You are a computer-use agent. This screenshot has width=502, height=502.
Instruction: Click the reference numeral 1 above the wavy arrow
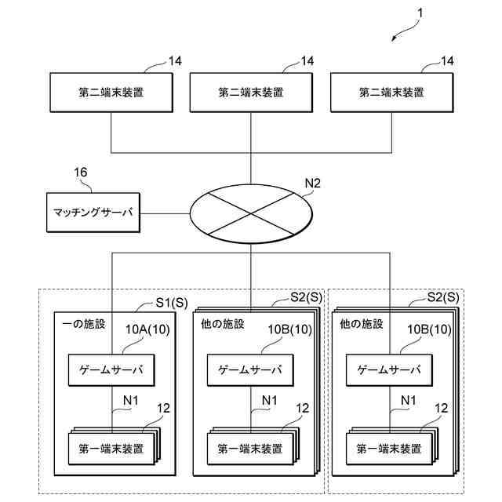(420, 13)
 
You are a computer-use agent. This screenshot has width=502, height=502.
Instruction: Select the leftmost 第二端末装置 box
(111, 93)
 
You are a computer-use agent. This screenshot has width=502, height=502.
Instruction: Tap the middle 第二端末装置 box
(251, 93)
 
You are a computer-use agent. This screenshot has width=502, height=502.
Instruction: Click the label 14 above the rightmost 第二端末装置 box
(447, 61)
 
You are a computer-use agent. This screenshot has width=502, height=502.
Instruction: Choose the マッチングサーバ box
(93, 213)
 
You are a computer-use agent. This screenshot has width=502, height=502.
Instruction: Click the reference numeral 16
(80, 173)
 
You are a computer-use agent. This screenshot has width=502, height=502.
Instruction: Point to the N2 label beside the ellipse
(312, 183)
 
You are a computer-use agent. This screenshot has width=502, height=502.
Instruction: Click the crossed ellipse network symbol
(251, 213)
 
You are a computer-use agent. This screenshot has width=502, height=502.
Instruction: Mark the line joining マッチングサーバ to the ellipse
(165, 213)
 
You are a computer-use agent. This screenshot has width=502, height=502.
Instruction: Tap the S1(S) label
(172, 303)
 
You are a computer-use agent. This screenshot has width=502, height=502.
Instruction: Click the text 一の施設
(84, 324)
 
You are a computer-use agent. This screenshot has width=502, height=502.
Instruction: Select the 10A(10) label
(147, 329)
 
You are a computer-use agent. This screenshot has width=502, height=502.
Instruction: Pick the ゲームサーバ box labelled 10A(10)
(111, 369)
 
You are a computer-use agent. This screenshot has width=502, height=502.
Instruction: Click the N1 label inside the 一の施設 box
(131, 400)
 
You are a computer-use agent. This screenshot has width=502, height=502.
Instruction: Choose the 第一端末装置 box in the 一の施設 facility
(111, 449)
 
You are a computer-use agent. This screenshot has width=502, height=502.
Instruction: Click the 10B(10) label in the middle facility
(289, 329)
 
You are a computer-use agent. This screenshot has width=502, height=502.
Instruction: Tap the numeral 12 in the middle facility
(302, 408)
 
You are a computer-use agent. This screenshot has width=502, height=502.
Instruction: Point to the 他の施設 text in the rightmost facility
(362, 324)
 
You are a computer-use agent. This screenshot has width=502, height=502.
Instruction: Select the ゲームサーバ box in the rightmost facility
(389, 369)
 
